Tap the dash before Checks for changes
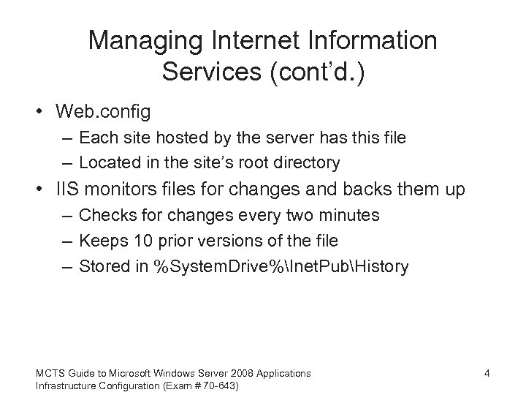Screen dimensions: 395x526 (67, 215)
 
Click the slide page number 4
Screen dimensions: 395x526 (486, 374)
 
